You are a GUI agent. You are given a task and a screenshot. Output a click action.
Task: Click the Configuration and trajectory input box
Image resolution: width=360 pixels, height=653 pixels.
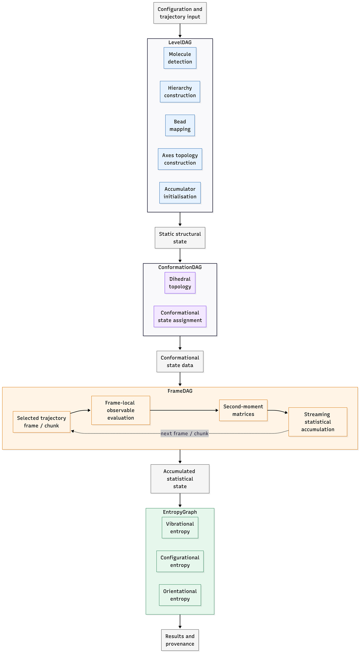(180, 13)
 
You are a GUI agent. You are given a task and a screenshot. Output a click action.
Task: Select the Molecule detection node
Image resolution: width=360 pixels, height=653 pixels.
(180, 58)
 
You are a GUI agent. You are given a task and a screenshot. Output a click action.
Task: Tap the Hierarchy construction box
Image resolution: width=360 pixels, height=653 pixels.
(180, 92)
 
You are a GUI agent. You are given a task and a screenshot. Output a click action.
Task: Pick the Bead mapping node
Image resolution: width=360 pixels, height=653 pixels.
(180, 125)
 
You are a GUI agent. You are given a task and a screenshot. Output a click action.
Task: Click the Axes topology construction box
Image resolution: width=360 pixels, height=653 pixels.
(180, 159)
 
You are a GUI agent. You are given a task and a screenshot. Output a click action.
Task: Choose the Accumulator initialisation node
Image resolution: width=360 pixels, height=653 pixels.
(180, 193)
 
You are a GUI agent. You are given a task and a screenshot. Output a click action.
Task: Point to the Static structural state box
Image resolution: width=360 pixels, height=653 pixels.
(180, 238)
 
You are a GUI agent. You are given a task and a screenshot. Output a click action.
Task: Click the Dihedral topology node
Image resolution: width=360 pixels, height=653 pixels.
(180, 283)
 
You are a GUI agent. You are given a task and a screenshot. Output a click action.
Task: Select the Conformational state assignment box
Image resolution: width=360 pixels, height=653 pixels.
(180, 317)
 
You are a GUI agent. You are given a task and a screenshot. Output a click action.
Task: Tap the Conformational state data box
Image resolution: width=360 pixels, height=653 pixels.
(180, 362)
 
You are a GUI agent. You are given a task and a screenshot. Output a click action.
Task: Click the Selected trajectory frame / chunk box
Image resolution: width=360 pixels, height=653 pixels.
(41, 422)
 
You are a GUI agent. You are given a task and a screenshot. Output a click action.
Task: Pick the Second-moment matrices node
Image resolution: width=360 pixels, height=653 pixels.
(243, 410)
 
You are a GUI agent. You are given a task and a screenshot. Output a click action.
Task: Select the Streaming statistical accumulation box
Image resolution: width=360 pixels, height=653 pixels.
(318, 422)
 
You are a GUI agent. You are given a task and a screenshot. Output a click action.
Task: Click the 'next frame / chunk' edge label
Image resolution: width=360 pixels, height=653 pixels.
(184, 434)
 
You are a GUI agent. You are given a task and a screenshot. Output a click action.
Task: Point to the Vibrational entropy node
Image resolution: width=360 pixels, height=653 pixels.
(180, 528)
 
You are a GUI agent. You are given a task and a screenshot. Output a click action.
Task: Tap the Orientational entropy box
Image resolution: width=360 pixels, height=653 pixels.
(180, 595)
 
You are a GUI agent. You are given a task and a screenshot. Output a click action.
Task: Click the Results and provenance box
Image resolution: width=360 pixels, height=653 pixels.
(180, 640)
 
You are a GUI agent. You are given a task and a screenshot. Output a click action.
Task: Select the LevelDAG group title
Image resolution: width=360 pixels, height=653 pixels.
(180, 43)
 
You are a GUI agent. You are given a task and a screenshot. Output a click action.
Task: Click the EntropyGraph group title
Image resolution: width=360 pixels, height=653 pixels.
(180, 512)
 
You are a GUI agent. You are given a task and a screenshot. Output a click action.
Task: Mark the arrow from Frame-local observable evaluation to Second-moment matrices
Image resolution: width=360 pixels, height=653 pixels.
(184, 410)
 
